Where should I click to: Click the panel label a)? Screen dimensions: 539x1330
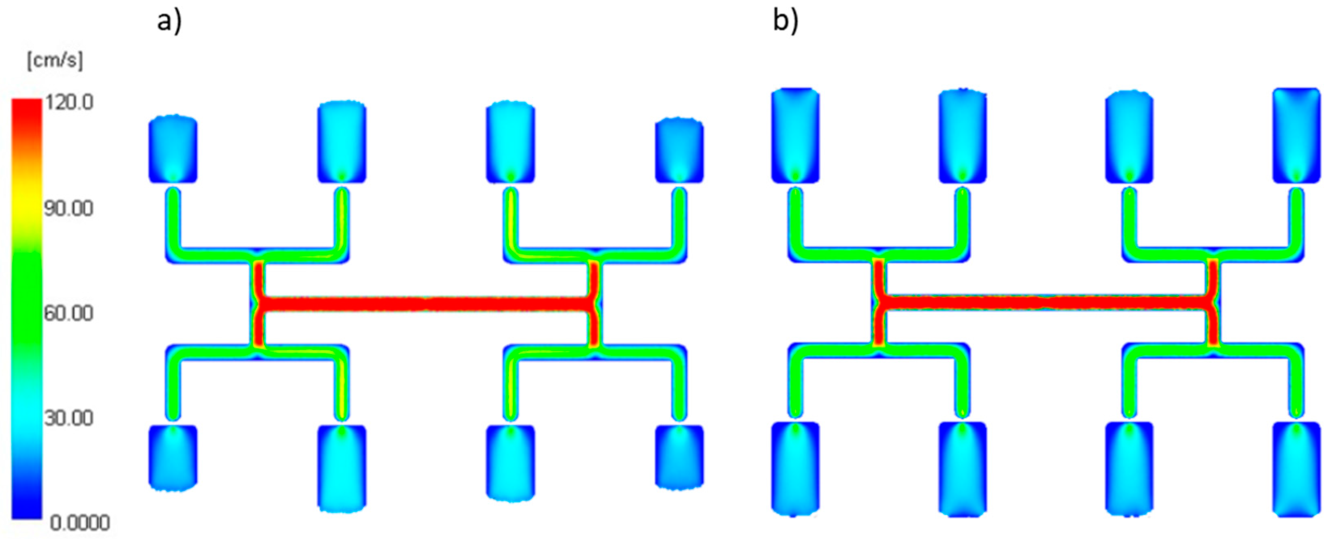169,22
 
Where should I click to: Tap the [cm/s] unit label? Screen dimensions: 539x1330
55,61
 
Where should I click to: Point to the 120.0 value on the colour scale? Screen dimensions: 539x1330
69,103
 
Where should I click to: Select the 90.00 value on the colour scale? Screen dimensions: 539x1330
69,208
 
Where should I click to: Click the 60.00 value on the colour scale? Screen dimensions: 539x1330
69,313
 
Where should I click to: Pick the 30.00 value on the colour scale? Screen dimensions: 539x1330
69,418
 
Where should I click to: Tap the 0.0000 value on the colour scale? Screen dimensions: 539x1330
79,523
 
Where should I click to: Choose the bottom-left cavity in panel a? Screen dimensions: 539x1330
173,456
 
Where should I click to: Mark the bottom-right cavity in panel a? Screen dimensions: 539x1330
679,456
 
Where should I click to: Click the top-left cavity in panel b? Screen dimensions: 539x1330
795,135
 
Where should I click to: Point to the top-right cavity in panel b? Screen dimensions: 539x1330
1296,135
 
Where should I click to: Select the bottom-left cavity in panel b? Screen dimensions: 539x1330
795,468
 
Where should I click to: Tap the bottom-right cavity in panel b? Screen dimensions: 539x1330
1296,468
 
